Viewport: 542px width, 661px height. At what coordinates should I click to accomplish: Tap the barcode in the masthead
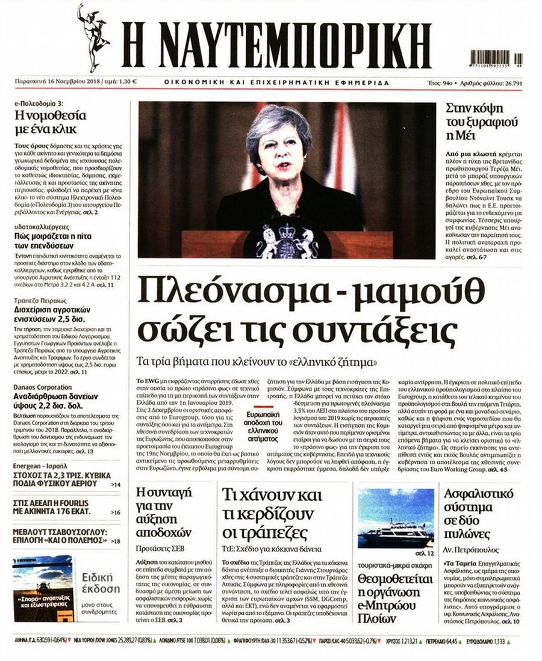click(x=491, y=57)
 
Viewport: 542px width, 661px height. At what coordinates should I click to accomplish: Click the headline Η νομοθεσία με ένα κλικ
click(x=51, y=121)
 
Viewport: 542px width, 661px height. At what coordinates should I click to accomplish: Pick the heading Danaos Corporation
click(x=43, y=388)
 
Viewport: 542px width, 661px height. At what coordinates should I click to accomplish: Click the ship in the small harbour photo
click(x=394, y=533)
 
